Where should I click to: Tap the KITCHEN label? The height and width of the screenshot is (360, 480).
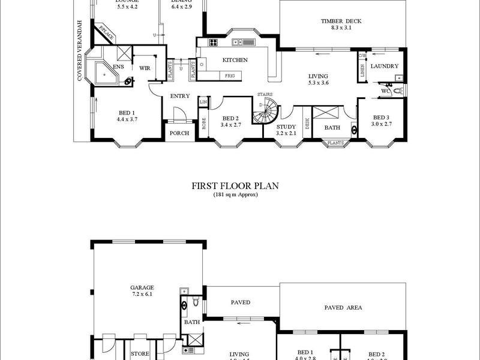pyautogui.click(x=235, y=60)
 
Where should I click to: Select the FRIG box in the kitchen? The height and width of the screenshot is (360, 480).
pyautogui.click(x=230, y=76)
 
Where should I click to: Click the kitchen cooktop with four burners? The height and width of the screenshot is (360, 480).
pyautogui.click(x=214, y=43)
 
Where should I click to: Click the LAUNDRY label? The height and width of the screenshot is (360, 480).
pyautogui.click(x=384, y=66)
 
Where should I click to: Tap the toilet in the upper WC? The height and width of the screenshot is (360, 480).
pyautogui.click(x=397, y=92)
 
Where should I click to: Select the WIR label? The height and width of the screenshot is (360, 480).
pyautogui.click(x=145, y=68)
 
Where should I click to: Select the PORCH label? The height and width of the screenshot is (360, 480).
pyautogui.click(x=180, y=133)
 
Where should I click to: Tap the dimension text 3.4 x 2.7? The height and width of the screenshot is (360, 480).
pyautogui.click(x=230, y=125)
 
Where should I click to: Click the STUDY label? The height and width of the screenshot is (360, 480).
pyautogui.click(x=287, y=127)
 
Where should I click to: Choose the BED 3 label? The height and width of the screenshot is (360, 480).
pyautogui.click(x=382, y=117)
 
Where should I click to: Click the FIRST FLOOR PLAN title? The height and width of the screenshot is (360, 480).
pyautogui.click(x=235, y=187)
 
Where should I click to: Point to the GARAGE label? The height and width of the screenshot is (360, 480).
pyautogui.click(x=143, y=288)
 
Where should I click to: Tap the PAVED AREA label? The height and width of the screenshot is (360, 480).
pyautogui.click(x=343, y=307)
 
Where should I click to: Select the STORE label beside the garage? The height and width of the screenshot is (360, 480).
pyautogui.click(x=141, y=353)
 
